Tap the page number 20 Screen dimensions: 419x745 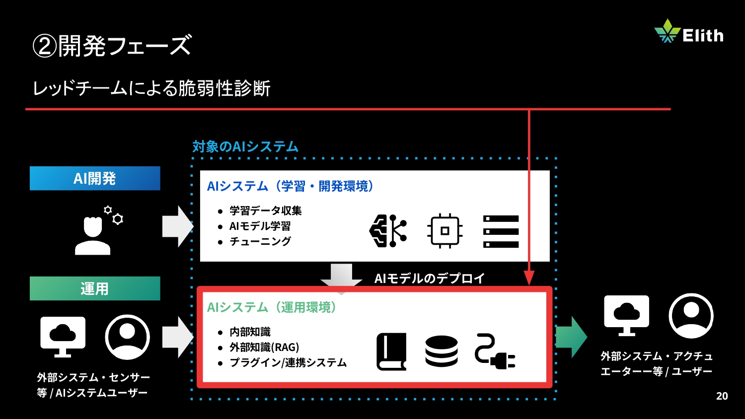722,396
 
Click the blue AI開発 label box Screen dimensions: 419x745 95,178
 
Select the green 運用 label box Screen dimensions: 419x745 95,288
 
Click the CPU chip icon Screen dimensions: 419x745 445,231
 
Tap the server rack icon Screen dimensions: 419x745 501,231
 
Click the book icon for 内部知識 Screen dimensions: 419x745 391,351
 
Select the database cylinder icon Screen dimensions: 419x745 442,351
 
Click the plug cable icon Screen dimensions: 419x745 495,351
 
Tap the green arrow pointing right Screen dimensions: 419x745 572,337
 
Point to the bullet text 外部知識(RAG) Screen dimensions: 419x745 264,347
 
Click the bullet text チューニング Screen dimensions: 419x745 260,241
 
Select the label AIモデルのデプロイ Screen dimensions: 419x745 429,278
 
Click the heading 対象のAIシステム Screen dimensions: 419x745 245,146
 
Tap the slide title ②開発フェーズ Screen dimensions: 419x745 112,46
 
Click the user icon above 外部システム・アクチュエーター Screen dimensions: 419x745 691,316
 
